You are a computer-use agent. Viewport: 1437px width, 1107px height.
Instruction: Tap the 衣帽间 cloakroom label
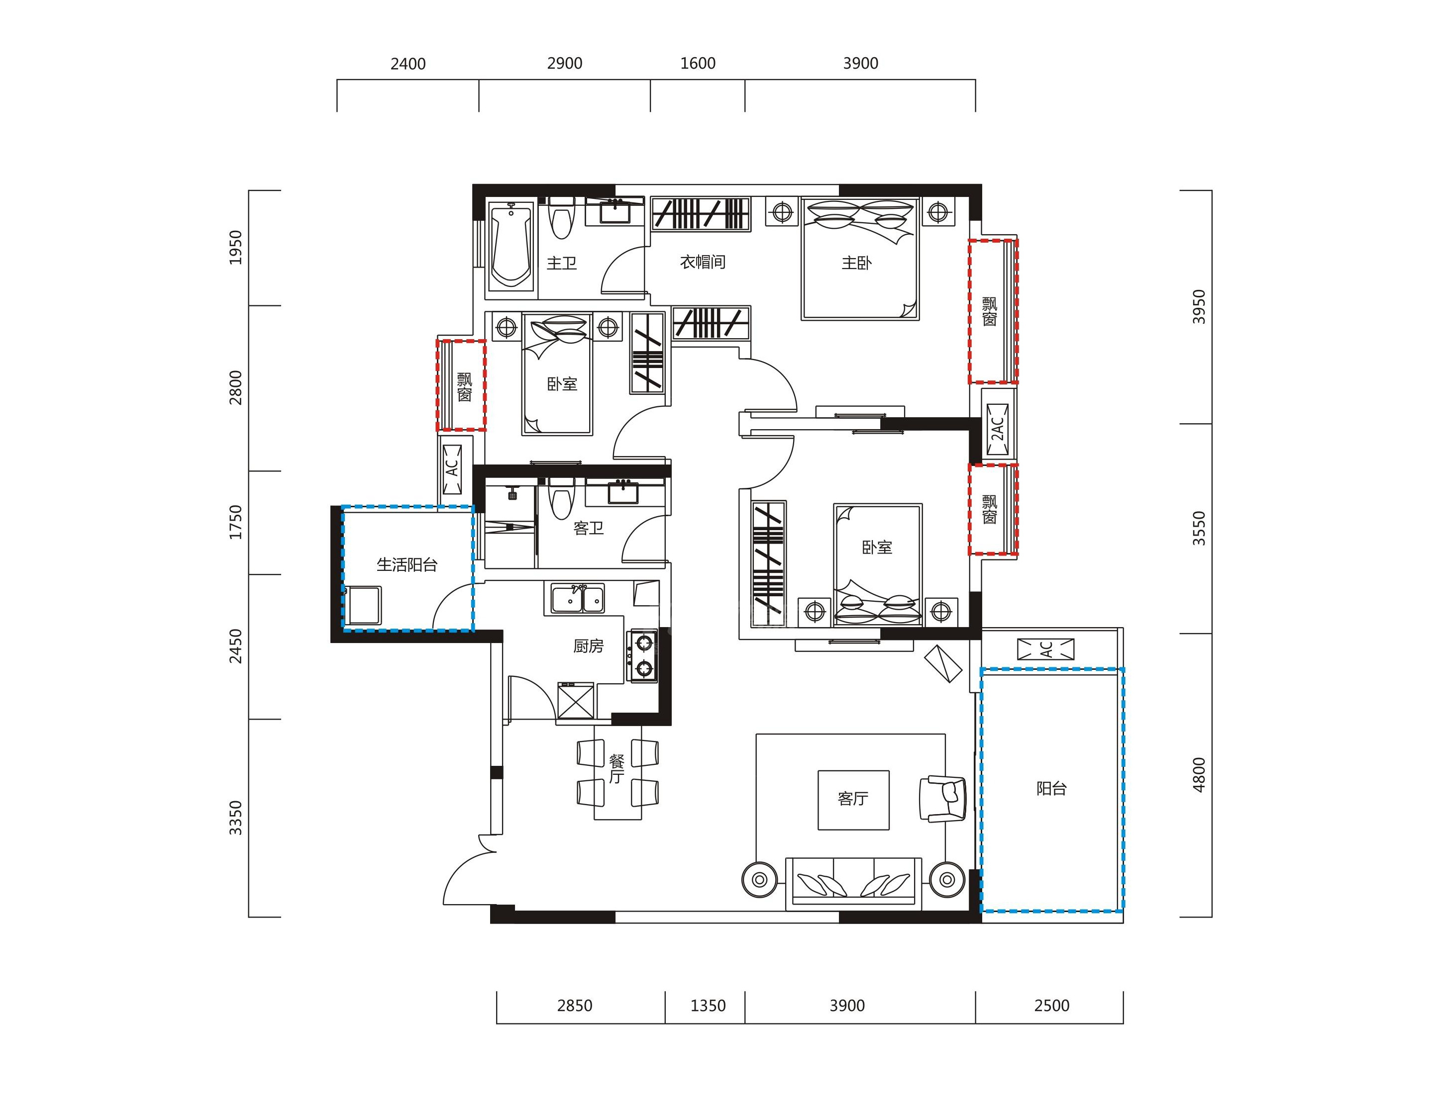tap(702, 262)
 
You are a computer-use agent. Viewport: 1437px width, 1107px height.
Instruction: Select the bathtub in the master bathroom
tap(511, 246)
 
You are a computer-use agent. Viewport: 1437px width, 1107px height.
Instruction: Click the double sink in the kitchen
tap(578, 599)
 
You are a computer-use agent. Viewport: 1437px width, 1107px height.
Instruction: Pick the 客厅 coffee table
tap(853, 800)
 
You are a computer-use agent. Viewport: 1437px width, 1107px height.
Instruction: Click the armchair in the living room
tap(943, 799)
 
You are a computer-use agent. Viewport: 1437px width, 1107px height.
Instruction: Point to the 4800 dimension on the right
tap(1199, 775)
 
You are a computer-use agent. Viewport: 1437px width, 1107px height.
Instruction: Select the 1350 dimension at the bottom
tap(708, 1006)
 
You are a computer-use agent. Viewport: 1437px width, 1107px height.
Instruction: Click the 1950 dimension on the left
tap(235, 247)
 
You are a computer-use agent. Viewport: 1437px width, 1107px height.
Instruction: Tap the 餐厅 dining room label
tap(616, 769)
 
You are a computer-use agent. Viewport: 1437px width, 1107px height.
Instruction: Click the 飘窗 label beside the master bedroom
tap(990, 311)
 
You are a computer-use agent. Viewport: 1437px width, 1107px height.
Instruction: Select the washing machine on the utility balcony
tap(364, 605)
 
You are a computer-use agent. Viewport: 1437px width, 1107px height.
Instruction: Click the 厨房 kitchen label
tap(588, 646)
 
